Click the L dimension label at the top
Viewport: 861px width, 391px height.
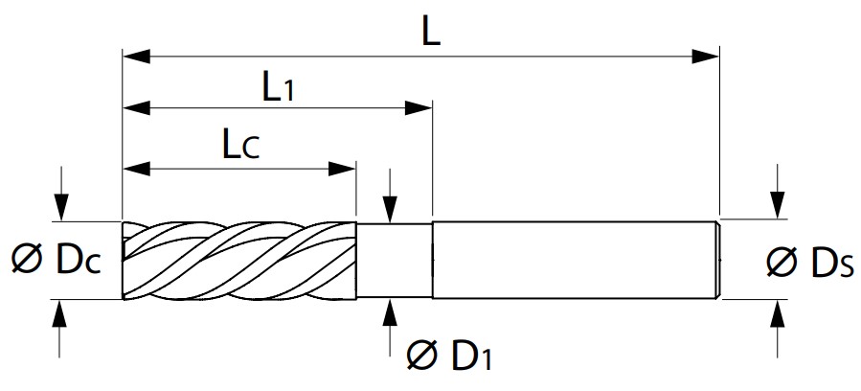(431, 33)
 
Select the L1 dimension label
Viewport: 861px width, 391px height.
(278, 88)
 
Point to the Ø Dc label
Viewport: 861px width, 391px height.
(56, 261)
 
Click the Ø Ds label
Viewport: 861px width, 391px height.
(810, 262)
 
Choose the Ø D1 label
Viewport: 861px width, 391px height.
(449, 356)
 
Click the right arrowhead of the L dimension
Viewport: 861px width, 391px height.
(705, 56)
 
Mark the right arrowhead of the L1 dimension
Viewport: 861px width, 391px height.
(419, 107)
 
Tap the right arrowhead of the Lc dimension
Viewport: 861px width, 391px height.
(342, 168)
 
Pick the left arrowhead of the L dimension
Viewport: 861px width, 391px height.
(136, 56)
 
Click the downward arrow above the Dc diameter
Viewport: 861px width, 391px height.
(61, 194)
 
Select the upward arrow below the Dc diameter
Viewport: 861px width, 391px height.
(59, 329)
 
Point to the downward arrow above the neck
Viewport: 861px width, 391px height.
(390, 195)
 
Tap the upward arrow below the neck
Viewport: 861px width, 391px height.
(390, 327)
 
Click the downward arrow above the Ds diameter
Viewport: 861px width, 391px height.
(777, 191)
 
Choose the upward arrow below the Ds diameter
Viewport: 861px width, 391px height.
(777, 329)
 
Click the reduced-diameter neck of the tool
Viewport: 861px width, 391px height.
(395, 261)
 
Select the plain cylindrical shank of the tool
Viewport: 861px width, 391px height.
(574, 260)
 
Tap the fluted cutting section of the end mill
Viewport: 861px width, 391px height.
(238, 261)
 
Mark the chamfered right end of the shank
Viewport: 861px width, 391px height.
(716, 260)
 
